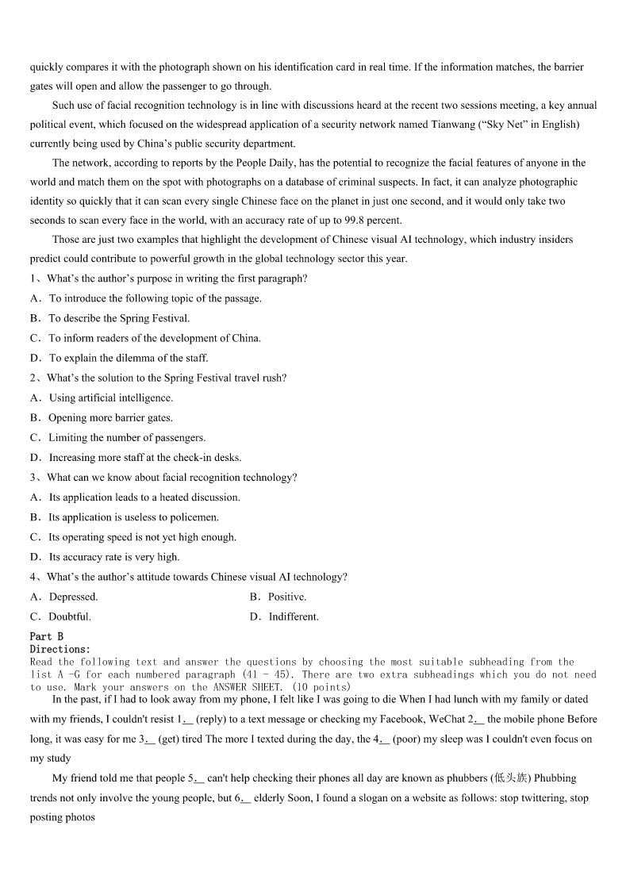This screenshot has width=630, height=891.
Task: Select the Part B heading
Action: (x=47, y=636)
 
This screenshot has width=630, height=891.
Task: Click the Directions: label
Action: (x=60, y=649)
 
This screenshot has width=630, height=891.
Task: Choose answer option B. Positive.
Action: (x=278, y=597)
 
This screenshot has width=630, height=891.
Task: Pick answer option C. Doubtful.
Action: (x=60, y=616)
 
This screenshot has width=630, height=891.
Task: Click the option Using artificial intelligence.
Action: (x=110, y=397)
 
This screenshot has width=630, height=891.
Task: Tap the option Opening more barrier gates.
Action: (x=110, y=417)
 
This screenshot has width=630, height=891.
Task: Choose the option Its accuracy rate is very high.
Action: (x=114, y=557)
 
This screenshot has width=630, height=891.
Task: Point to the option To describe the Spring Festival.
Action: (x=119, y=318)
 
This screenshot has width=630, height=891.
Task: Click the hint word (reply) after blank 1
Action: (x=216, y=719)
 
